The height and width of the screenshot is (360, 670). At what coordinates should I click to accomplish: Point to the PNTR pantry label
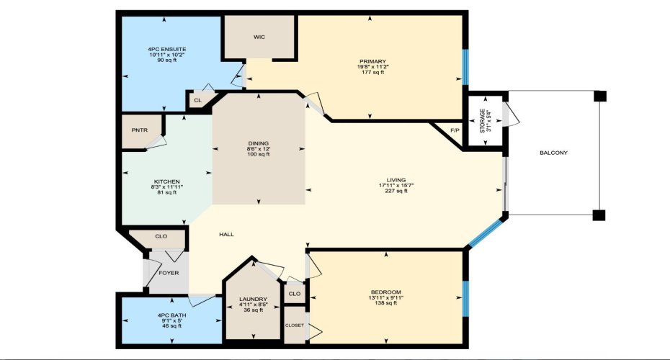[140, 130]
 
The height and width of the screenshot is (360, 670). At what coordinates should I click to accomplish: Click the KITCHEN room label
[166, 181]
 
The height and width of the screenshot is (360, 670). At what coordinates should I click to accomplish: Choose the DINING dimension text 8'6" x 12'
[258, 149]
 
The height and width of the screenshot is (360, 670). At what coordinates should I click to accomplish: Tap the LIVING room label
[396, 180]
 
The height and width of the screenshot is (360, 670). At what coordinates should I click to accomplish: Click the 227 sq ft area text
[396, 191]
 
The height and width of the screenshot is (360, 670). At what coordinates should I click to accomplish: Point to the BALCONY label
[553, 153]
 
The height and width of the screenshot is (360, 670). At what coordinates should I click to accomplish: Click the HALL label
[226, 234]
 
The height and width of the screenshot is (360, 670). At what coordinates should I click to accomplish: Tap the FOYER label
[169, 274]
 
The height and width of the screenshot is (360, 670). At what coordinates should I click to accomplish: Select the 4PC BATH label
[170, 315]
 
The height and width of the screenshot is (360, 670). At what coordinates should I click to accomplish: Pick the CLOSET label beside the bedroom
[294, 325]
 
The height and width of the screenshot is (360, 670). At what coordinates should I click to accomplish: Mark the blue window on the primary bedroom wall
[465, 67]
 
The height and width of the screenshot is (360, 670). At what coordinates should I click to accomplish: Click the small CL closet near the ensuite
[197, 101]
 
